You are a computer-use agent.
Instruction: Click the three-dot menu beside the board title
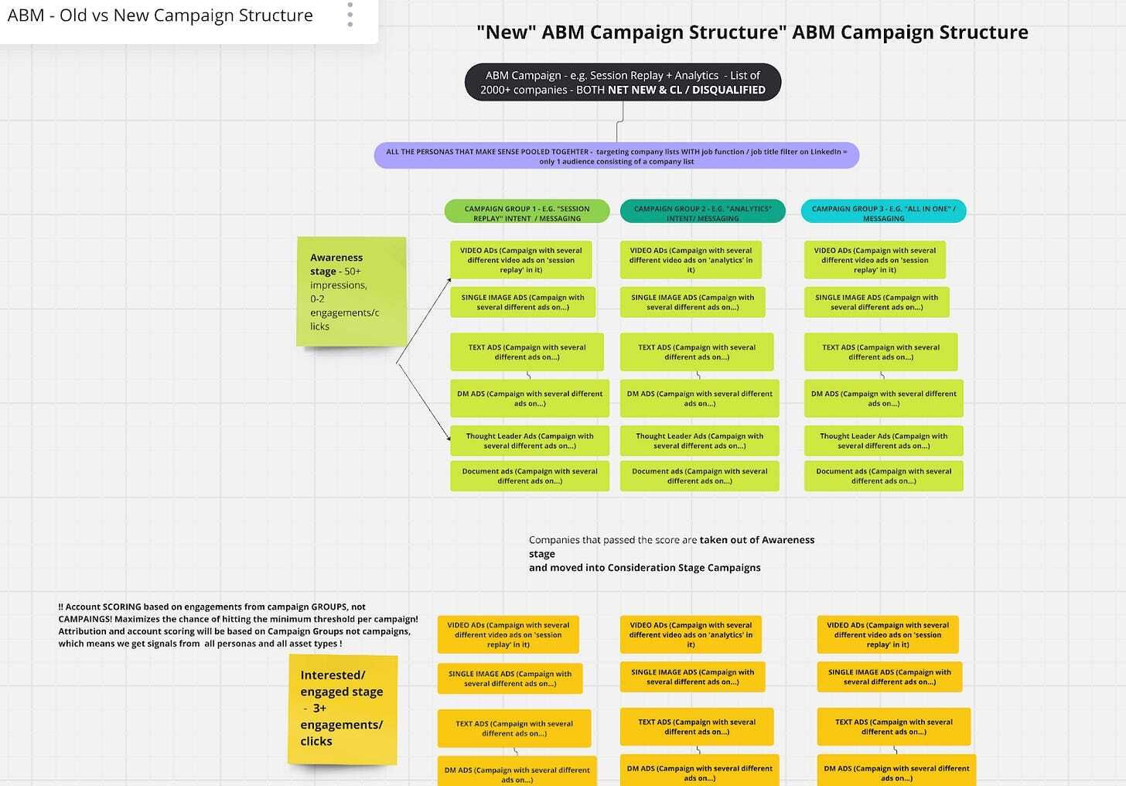(x=350, y=15)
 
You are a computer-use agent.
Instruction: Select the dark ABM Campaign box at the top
(x=623, y=83)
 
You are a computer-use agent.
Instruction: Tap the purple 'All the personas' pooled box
(x=616, y=156)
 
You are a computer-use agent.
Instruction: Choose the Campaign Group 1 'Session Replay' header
(x=527, y=212)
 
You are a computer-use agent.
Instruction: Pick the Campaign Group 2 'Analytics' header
(x=702, y=212)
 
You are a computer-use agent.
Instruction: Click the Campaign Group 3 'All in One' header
(x=883, y=212)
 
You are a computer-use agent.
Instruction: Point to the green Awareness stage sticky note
(x=351, y=292)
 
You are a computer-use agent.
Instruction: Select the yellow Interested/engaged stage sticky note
(x=343, y=709)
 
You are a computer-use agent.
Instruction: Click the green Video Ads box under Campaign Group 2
(x=691, y=260)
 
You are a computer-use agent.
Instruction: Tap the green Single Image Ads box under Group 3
(x=877, y=302)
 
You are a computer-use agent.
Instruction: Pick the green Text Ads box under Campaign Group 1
(x=527, y=352)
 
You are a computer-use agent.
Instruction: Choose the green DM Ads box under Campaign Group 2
(x=699, y=398)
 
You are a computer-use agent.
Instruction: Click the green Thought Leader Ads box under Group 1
(x=529, y=441)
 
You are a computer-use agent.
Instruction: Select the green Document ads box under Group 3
(x=883, y=477)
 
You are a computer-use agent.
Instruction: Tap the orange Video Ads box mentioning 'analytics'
(x=691, y=634)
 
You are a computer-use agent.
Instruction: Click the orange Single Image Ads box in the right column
(x=889, y=677)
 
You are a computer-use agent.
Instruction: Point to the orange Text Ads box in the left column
(x=514, y=729)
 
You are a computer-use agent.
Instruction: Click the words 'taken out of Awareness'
(x=757, y=539)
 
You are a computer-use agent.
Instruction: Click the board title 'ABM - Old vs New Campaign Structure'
(x=160, y=15)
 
